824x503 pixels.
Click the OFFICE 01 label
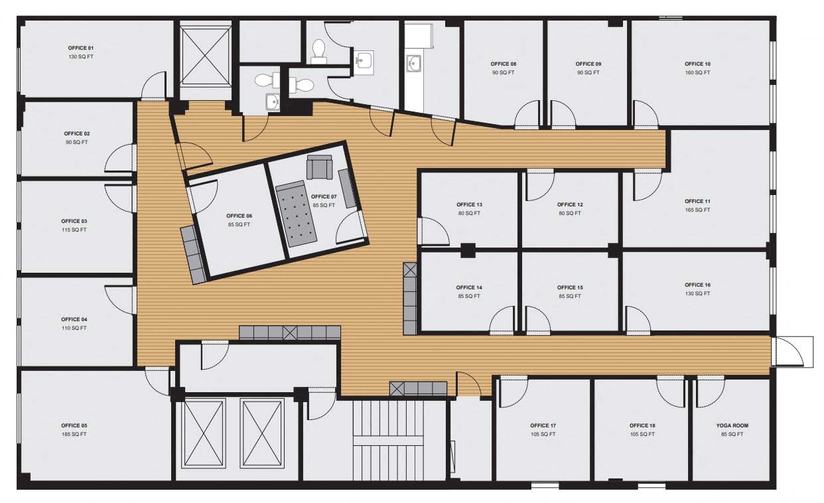[80, 48]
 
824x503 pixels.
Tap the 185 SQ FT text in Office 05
[74, 434]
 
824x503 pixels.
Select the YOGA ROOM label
[732, 425]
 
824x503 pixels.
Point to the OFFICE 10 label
[697, 64]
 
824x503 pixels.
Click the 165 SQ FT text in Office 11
[697, 210]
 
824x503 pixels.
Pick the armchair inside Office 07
[319, 167]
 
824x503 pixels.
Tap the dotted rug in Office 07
[297, 214]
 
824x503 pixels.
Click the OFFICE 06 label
[239, 216]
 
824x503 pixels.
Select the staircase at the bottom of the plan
[388, 441]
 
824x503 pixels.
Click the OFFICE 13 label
[469, 204]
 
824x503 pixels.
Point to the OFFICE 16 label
[697, 285]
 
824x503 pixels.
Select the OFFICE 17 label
[543, 425]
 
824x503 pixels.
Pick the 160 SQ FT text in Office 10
[697, 72]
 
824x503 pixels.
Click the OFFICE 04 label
[74, 319]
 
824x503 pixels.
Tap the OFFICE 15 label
[570, 287]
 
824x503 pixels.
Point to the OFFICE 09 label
[588, 64]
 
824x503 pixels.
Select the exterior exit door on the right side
[791, 352]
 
